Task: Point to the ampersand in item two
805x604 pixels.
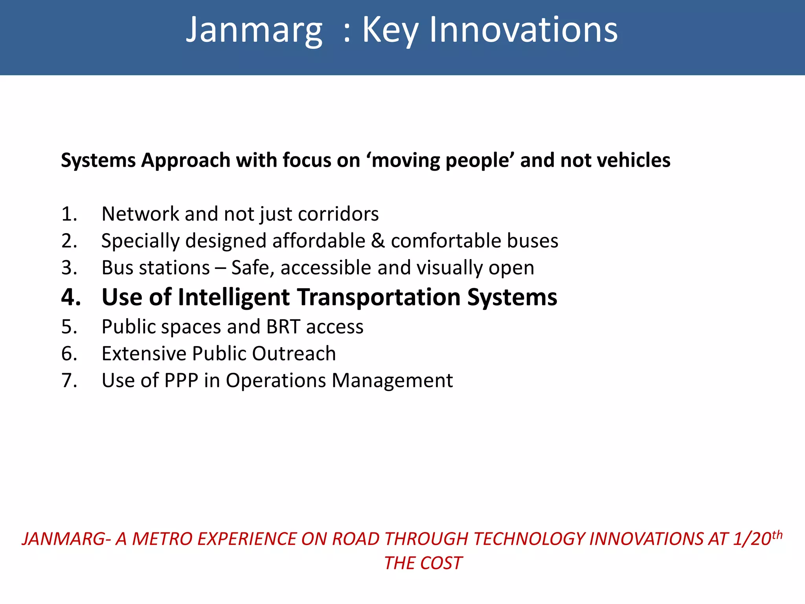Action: tap(378, 241)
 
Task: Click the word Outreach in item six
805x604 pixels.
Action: tap(294, 354)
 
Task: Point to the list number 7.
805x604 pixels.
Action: tap(69, 381)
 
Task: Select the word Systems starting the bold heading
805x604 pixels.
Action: tap(98, 160)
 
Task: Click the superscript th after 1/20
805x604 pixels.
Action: tap(777, 535)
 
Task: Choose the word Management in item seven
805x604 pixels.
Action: tap(392, 381)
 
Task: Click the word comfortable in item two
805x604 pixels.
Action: tap(446, 241)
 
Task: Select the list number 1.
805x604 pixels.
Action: tap(69, 214)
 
